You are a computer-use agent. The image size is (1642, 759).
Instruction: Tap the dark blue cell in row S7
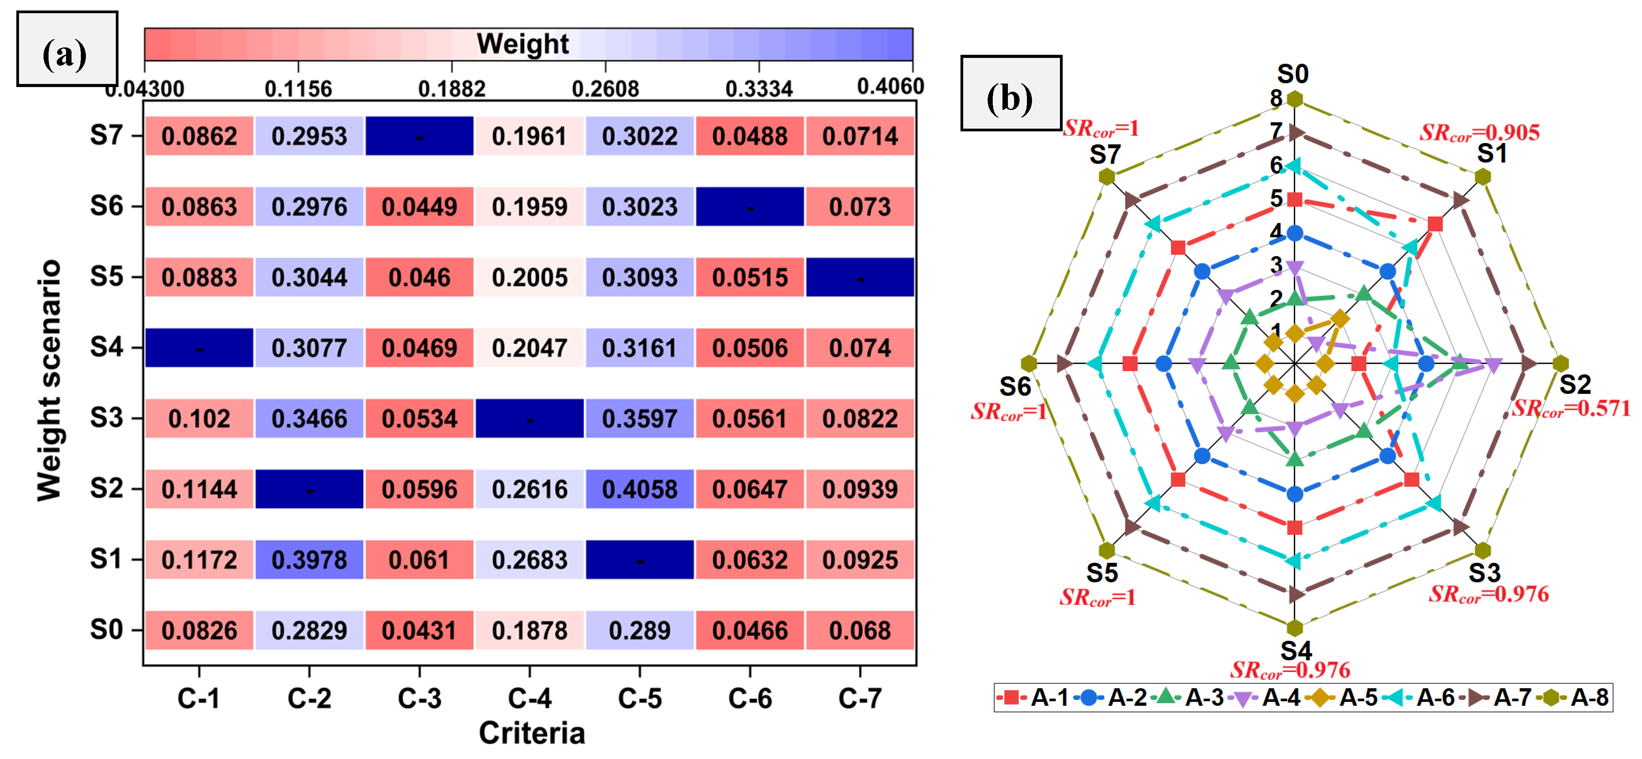pos(419,136)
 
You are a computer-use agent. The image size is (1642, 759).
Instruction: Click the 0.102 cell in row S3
pos(199,419)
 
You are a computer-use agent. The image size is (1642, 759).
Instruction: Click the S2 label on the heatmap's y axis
pos(106,489)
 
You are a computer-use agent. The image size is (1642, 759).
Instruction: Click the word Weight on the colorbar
pos(523,44)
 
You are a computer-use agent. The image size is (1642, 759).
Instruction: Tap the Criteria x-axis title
pos(532,733)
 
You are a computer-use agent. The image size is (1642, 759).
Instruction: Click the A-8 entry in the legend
pos(1574,697)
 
